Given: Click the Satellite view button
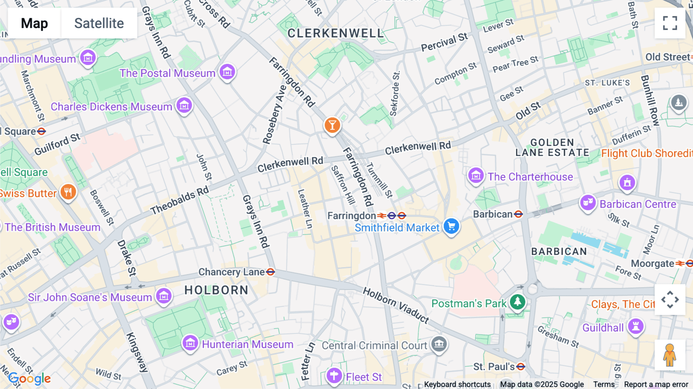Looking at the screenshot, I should [99, 23].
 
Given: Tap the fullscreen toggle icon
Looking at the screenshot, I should [670, 23].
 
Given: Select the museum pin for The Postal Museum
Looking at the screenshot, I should [227, 72].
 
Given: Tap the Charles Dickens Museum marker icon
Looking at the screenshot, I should [184, 105].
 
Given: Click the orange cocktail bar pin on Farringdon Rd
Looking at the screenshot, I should [332, 125].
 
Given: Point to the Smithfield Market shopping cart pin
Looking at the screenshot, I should [451, 226].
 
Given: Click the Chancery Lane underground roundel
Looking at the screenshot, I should [271, 272].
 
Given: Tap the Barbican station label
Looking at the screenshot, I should [493, 214].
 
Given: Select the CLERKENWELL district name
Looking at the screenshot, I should [335, 34].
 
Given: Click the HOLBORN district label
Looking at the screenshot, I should [216, 290].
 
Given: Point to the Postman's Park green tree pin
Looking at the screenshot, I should [517, 302].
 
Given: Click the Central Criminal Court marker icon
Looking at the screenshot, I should [439, 344].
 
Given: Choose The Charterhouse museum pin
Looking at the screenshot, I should [476, 176].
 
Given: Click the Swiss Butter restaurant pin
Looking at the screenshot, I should [68, 191].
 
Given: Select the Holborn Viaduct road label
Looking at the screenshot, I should [396, 304].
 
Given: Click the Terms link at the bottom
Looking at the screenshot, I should [604, 384].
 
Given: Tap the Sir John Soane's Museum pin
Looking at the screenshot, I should [164, 296].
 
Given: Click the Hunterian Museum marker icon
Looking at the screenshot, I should [190, 343].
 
